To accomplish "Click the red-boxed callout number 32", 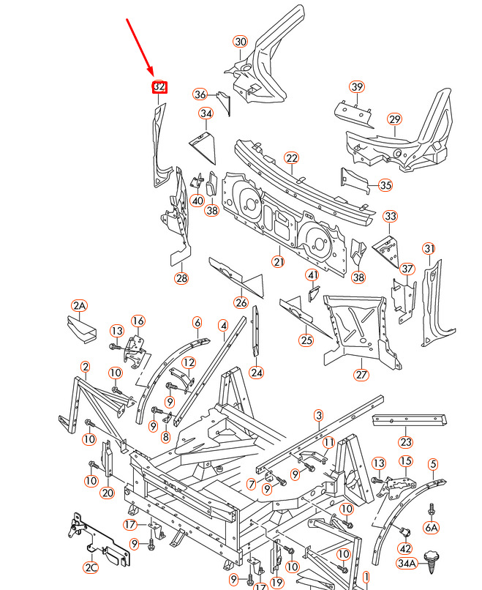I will (x=159, y=87).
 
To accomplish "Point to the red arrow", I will (x=141, y=45).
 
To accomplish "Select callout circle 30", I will (x=241, y=42).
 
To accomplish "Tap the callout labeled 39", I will (x=356, y=87).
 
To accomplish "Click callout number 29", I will (x=395, y=119).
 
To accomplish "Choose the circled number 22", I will (x=292, y=158).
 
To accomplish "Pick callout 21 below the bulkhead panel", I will (x=279, y=261).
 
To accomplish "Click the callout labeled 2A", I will (x=79, y=305).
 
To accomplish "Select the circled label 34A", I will (x=407, y=562).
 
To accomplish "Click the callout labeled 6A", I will (x=432, y=527).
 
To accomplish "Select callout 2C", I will (x=91, y=567).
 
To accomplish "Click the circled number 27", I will (x=361, y=375).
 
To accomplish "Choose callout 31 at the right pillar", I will (x=429, y=248).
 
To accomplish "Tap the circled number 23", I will (x=406, y=441).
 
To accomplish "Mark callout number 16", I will (x=138, y=321).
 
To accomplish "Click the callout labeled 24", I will (x=256, y=372).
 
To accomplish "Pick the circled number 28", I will (x=181, y=277).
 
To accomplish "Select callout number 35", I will (x=385, y=185).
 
